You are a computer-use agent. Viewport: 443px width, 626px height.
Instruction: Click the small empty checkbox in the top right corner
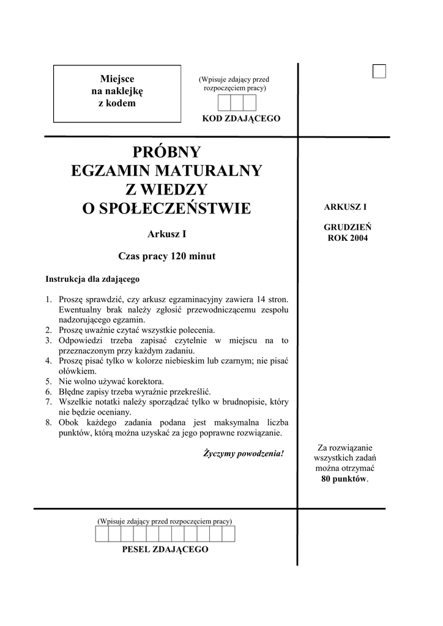click(x=379, y=72)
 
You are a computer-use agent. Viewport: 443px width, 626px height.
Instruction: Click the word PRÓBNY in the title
click(x=166, y=152)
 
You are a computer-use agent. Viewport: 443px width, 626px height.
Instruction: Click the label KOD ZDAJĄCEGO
click(x=241, y=119)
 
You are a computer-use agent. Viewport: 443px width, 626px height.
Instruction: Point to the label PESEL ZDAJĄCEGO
click(x=165, y=550)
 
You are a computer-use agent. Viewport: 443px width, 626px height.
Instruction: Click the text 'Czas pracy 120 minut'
click(x=166, y=257)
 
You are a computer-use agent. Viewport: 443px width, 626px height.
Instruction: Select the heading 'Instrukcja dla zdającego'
click(x=92, y=279)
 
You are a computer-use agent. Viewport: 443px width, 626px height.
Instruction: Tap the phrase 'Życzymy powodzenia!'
click(x=243, y=454)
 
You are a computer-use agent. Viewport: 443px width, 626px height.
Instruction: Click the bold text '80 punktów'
click(x=344, y=479)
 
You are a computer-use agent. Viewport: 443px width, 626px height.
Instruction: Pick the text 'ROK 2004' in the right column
click(x=348, y=238)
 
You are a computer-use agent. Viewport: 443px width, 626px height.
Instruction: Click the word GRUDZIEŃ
click(x=348, y=227)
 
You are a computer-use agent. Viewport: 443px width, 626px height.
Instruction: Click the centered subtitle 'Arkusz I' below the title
click(x=166, y=234)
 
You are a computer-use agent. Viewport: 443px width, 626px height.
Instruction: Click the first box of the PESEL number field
click(x=102, y=534)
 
